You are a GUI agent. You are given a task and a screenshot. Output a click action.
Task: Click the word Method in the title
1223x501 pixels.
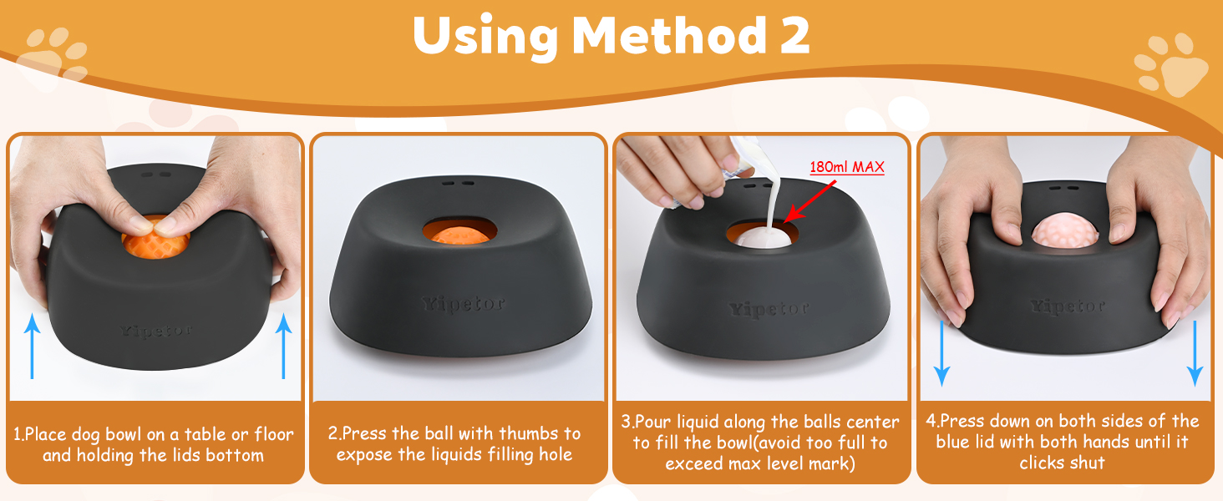pos(669,35)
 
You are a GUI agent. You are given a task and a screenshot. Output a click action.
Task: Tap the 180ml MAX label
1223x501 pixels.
pos(846,167)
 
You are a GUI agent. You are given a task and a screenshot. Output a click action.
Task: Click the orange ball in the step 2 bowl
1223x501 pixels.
pos(458,235)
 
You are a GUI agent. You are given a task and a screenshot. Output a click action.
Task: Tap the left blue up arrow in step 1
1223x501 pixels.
pos(33,346)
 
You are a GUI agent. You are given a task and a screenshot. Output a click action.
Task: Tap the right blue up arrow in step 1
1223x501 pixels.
pos(283,346)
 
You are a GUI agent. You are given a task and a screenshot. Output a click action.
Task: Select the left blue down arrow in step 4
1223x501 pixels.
pos(941,354)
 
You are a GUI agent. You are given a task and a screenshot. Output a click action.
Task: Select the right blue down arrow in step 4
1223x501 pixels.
pos(1195,354)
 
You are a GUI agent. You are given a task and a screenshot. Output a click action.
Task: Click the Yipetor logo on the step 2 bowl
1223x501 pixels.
pos(463,303)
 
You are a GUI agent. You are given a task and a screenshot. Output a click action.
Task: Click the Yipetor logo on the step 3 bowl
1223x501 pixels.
pos(769,310)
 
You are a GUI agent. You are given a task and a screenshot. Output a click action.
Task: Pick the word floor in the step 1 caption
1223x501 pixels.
pos(273,434)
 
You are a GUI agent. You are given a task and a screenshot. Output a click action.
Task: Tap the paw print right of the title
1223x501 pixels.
pos(1174,65)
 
